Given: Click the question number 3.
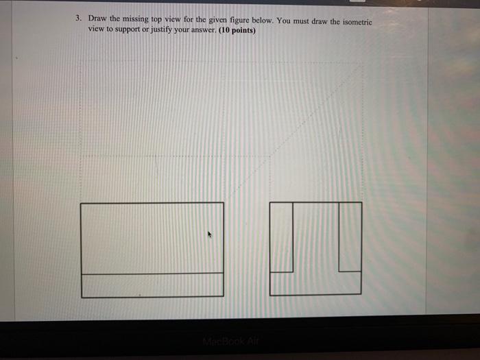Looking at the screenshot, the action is [x=79, y=18].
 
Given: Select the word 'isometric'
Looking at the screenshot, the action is [x=357, y=22].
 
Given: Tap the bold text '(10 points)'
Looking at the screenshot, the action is [x=237, y=30].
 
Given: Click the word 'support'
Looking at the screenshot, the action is [x=127, y=29].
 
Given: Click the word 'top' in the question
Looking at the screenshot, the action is [x=156, y=19].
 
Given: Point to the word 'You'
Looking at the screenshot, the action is [x=284, y=21].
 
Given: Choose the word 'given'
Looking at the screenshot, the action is [x=217, y=20].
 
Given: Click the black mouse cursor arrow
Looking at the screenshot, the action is [x=210, y=235].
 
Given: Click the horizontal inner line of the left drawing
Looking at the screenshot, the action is [x=152, y=274].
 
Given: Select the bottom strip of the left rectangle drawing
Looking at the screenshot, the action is [x=152, y=285].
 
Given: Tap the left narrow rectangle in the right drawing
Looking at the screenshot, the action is [x=281, y=237].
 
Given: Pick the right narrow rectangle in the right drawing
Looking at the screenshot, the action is [x=350, y=237].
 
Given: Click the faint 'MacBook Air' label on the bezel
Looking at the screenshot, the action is [x=231, y=341].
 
